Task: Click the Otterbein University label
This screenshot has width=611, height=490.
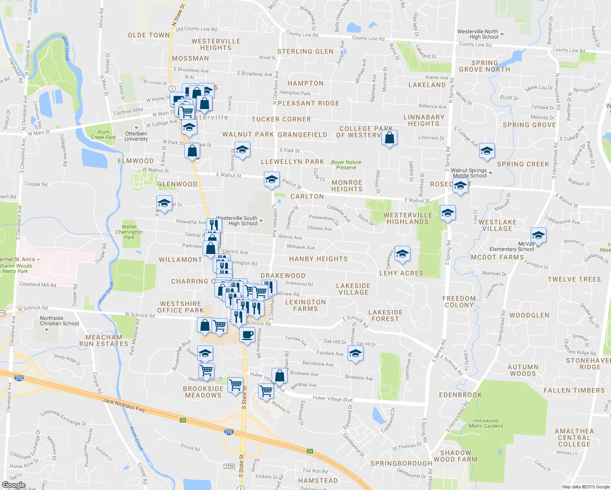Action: (x=136, y=136)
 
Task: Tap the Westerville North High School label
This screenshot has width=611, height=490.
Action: (x=478, y=34)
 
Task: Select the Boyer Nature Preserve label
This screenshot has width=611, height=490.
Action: (x=346, y=165)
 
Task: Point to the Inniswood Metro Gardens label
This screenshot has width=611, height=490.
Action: (x=486, y=423)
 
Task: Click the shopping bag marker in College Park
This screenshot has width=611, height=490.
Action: (x=390, y=138)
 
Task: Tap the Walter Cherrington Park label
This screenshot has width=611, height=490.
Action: (x=129, y=232)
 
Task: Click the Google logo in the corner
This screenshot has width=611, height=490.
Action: (x=13, y=485)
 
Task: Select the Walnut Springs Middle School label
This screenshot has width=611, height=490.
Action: (x=469, y=173)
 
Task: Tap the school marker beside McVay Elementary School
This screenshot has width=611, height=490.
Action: (x=538, y=236)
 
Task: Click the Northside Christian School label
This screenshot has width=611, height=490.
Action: (x=59, y=321)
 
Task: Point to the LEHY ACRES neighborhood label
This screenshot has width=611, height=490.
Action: (x=401, y=273)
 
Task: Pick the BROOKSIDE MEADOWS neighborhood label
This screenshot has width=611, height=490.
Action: (x=203, y=392)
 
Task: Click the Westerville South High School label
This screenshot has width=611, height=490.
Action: (x=237, y=221)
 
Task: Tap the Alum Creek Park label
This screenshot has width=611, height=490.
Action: (x=103, y=135)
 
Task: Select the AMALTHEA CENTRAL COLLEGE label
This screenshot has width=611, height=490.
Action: (x=574, y=438)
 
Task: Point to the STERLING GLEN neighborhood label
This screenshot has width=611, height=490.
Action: (x=305, y=51)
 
